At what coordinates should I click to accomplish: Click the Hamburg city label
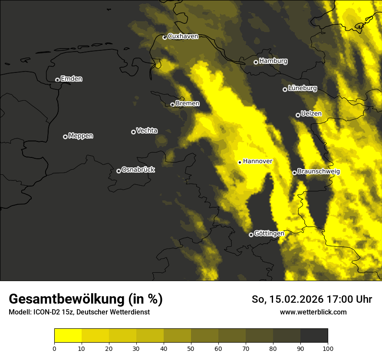coord(273,61)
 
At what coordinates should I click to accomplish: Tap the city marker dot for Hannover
coord(240,162)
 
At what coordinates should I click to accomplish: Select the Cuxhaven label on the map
coord(183,36)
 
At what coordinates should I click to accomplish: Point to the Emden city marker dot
coord(57,80)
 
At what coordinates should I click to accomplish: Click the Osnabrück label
coord(138,170)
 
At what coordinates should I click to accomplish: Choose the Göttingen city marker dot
coord(251,235)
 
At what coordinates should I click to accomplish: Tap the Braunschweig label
coord(319,172)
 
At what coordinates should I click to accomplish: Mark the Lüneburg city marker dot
coord(285,89)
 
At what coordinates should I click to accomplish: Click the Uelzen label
coord(311,114)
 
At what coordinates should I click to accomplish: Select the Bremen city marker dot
coord(172,105)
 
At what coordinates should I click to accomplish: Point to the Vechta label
coord(147,131)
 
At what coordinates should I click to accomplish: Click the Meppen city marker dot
coord(65,137)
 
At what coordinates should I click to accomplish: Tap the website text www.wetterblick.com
coord(313,312)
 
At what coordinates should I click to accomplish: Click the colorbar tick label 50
coord(191,348)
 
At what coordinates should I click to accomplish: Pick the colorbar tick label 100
coord(328,348)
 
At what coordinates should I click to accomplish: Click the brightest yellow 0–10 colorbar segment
coord(68,335)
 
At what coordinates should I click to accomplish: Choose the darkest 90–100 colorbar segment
coord(314,335)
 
